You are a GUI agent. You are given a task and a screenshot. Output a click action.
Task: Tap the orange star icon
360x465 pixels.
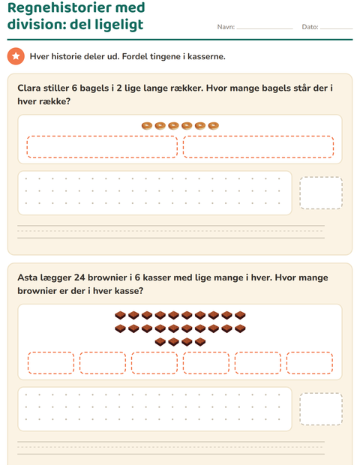coord(16,56)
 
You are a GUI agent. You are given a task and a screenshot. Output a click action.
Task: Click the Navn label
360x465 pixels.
coord(226,27)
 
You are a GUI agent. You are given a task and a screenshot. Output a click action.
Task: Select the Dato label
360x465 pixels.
coord(310,27)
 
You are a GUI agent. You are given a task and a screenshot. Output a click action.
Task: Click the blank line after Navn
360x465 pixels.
coord(265,28)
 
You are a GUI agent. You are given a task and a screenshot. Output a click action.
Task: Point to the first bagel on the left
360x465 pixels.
coord(147,126)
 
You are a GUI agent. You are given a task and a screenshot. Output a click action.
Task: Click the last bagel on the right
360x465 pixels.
coord(213,126)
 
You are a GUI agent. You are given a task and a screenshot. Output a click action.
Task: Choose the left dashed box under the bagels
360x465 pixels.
coord(102,147)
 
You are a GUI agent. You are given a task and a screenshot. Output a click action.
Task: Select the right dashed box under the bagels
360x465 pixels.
coord(258,147)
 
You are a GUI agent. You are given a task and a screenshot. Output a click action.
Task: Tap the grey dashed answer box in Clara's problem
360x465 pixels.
coord(321,193)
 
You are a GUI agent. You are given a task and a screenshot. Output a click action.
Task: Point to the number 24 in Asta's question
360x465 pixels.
coord(79,277)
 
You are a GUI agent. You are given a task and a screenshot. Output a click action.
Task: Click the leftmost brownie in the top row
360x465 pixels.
coord(120,315)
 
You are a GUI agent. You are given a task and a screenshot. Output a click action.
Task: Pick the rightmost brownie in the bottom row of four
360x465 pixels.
coord(200,342)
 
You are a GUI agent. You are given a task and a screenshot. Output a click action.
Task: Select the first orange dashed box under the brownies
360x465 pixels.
coord(51,363)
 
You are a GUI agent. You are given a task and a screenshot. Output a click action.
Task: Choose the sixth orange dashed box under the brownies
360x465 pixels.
coord(310,363)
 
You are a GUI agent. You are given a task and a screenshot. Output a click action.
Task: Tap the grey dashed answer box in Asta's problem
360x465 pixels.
coord(321,409)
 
